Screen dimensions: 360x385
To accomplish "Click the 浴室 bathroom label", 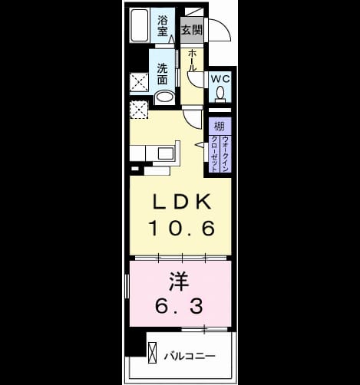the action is pyautogui.click(x=163, y=25).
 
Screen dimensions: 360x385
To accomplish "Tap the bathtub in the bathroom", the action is pyautogui.click(x=140, y=25).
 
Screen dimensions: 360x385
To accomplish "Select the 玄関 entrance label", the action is pyautogui.click(x=192, y=30).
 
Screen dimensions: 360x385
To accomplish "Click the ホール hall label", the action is pyautogui.click(x=192, y=61).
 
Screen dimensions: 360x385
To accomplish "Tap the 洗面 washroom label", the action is pyautogui.click(x=162, y=74).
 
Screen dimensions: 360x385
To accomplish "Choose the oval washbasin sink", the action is pyautogui.click(x=164, y=97).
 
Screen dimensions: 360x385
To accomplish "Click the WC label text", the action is pyautogui.click(x=220, y=79).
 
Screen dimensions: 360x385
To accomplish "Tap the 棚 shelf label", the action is pyautogui.click(x=220, y=127).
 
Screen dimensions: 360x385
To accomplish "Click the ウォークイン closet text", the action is pyautogui.click(x=225, y=154).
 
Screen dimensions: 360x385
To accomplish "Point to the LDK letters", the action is pyautogui.click(x=182, y=202).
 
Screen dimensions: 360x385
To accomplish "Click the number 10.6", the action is pyautogui.click(x=182, y=229).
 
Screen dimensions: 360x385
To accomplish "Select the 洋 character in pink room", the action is pyautogui.click(x=179, y=282).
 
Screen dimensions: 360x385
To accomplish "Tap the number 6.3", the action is pyautogui.click(x=179, y=306).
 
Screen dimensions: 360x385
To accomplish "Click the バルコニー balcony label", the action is pyautogui.click(x=190, y=356).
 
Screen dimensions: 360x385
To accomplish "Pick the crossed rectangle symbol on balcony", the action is pyautogui.click(x=153, y=352).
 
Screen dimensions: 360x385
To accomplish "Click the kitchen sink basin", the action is pyautogui.click(x=167, y=153).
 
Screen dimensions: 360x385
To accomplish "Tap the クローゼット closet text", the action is pyautogui.click(x=214, y=154).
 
